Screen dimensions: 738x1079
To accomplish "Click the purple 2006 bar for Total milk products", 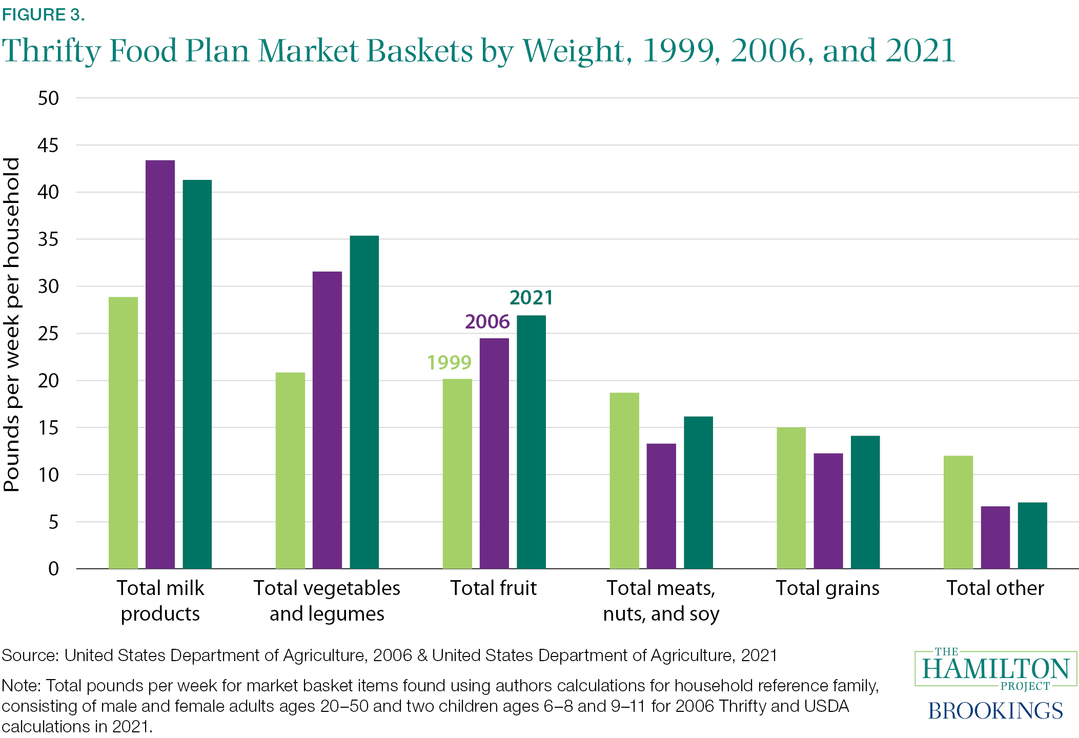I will point(160,364).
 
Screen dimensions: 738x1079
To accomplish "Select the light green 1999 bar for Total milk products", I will point(123,433).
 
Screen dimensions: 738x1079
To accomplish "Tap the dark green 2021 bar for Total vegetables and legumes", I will point(364,402).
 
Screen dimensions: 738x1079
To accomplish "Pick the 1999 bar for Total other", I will point(958,512).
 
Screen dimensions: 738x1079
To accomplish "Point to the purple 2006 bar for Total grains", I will point(828,511).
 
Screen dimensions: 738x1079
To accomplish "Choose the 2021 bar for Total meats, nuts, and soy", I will point(698,493).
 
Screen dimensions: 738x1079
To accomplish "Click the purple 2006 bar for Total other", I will point(995,538).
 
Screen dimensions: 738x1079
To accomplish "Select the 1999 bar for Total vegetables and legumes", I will point(290,470).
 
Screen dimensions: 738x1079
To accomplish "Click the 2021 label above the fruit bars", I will point(531,298).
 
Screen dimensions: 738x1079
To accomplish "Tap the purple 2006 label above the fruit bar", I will point(487,322).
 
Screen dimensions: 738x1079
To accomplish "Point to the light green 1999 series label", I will point(449,363).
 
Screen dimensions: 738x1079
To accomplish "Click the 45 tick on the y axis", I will point(48,146).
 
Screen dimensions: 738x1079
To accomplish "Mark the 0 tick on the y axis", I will point(53,569).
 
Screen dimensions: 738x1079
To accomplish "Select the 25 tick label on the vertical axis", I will point(48,334).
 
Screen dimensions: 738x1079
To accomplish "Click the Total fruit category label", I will point(493,588).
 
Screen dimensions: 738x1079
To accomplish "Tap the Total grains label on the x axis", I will point(827,588).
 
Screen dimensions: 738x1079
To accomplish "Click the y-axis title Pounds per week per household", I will point(11,325).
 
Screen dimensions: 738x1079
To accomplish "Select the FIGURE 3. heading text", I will point(43,15).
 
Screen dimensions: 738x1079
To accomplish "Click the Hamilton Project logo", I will point(995,669).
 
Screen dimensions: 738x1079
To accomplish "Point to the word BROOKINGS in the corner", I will point(995,711).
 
